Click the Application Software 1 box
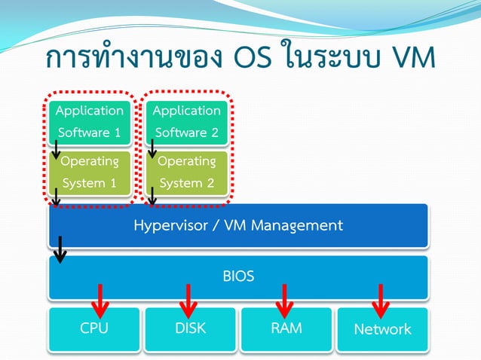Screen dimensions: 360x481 tap(90, 121)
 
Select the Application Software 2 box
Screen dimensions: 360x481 tap(187, 121)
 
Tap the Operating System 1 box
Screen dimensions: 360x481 tap(90, 172)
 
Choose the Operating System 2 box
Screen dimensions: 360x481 tap(187, 172)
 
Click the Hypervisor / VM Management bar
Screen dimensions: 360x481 tap(238, 225)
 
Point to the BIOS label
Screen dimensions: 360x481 tap(238, 276)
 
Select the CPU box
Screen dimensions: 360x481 tap(94, 329)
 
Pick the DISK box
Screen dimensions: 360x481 tap(190, 329)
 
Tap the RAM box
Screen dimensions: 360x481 tap(286, 329)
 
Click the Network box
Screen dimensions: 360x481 tap(382, 329)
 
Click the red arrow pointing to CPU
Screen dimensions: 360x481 tap(100, 300)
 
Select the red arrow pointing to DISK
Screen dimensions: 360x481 tap(188, 300)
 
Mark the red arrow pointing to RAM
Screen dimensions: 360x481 tap(283, 300)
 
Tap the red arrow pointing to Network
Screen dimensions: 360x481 tap(381, 300)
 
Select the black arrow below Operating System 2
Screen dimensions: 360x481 tap(152, 197)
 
